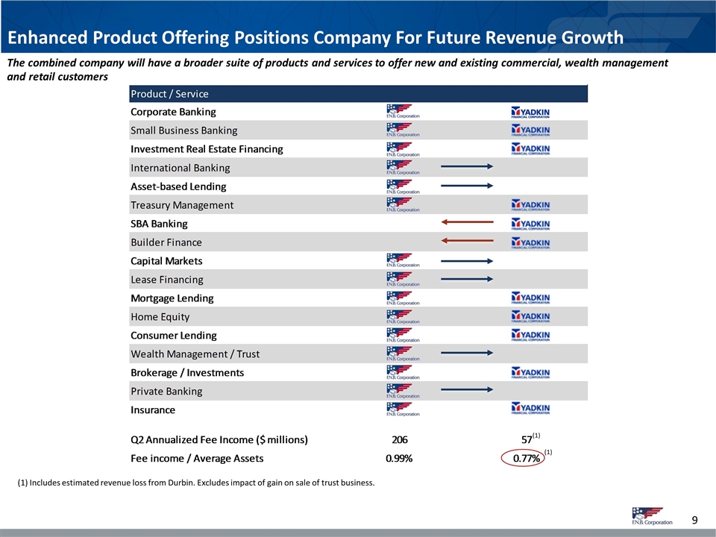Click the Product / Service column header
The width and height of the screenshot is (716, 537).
(x=169, y=94)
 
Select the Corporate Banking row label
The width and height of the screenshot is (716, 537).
(x=173, y=112)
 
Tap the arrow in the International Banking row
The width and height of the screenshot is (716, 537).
(x=467, y=166)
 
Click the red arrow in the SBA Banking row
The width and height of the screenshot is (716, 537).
(x=467, y=222)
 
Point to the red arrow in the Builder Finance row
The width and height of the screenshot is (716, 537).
(x=467, y=241)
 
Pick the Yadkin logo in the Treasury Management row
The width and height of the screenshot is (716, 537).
(x=531, y=205)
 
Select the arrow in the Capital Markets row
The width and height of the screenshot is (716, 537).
(x=467, y=260)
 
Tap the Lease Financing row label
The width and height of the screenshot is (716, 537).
(x=166, y=280)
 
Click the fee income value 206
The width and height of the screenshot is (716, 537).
(x=400, y=439)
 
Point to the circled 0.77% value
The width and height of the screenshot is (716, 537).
(x=526, y=459)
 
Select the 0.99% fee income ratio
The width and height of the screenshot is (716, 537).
(x=400, y=459)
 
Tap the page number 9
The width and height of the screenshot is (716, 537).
(x=694, y=519)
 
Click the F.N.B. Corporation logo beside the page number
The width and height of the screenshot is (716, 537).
(x=651, y=516)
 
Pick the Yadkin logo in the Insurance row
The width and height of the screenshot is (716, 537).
(x=531, y=409)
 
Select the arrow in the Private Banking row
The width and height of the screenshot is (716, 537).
(x=467, y=389)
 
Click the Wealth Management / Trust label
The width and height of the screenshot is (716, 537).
(x=195, y=354)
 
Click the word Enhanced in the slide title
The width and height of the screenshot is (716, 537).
(x=45, y=38)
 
